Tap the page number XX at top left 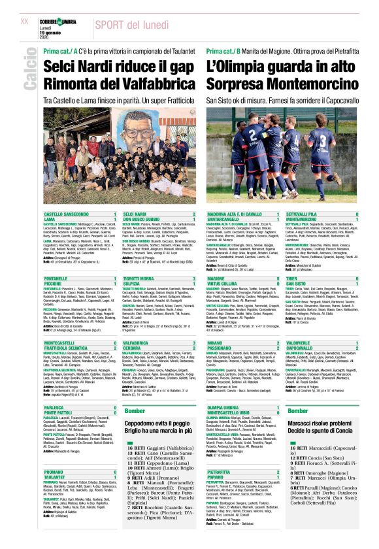click(24, 21)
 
